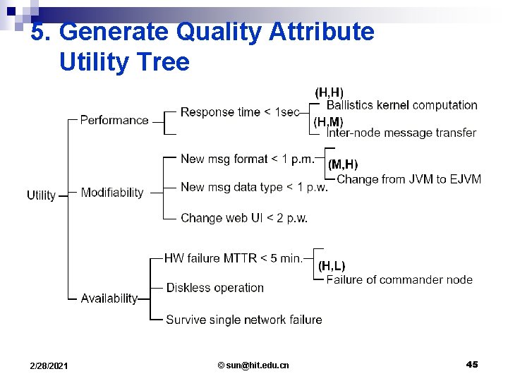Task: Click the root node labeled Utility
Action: coord(41,195)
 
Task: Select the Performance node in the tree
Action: coord(114,120)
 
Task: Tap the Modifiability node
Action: coord(112,193)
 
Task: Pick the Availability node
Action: coord(109,298)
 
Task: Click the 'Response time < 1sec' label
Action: coord(240,112)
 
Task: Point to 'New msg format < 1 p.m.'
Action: coord(248,159)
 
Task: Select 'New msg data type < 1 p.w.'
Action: coord(254,187)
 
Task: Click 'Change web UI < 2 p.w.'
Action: coord(244,218)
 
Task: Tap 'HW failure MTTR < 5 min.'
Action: coord(234,258)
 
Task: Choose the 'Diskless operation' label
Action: coord(215,288)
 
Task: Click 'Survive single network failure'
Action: coord(244,320)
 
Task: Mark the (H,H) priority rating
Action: coord(329,92)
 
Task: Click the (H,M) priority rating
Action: coord(328,122)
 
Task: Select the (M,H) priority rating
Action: coord(343,164)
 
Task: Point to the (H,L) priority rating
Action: coord(332,266)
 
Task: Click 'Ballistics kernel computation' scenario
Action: coord(402,105)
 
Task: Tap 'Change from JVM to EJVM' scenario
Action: coord(409,179)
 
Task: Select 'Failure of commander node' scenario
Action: coord(399,279)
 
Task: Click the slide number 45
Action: coord(472,364)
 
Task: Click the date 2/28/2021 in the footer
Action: coord(49,365)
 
